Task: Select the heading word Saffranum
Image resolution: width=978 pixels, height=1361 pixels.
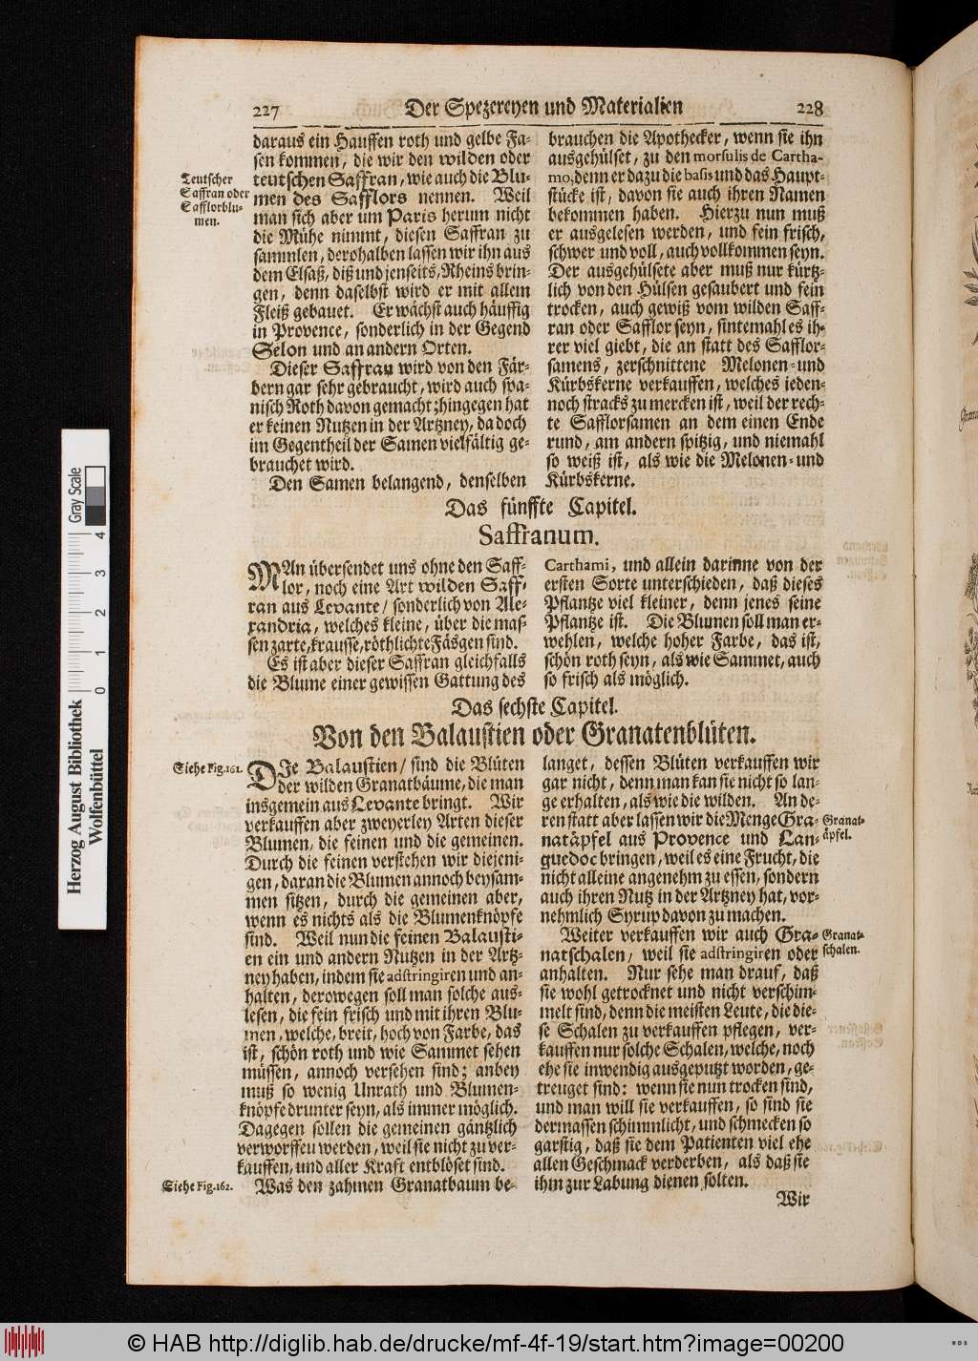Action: click(539, 537)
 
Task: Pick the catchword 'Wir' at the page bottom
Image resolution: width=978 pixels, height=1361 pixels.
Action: click(794, 1201)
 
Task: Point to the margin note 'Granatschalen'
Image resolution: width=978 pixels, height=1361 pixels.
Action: click(844, 942)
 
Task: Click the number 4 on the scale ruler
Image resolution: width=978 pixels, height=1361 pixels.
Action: click(97, 535)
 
